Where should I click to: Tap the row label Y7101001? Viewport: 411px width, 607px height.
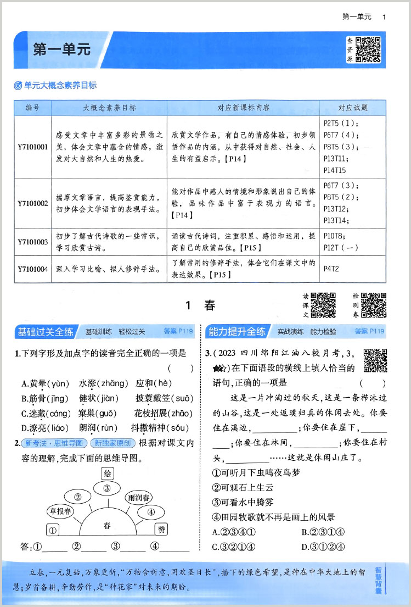pos(33,147)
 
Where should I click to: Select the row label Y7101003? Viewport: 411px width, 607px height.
pos(33,242)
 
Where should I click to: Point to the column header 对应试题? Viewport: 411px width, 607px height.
pos(352,108)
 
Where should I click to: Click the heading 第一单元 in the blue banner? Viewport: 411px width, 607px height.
pos(61,49)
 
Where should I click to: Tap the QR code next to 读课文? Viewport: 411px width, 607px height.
pos(323,305)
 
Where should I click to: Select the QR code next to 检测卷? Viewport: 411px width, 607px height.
pos(374,305)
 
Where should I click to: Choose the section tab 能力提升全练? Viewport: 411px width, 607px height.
pos(237,332)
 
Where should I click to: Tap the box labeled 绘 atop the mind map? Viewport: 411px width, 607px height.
pos(108,474)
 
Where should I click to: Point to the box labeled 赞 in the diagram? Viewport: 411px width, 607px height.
pos(161,530)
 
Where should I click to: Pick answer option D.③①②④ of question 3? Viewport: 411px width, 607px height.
pos(324,546)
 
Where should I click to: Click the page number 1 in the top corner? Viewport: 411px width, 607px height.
pos(384,17)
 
